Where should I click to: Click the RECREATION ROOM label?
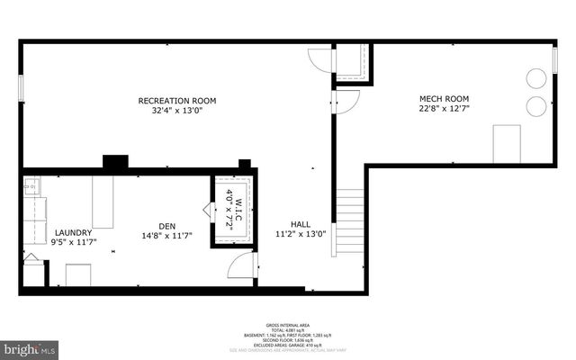click(x=176, y=100)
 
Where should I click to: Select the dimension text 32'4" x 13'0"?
click(x=176, y=111)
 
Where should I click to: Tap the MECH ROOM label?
click(x=444, y=98)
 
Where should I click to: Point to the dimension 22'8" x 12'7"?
click(x=444, y=109)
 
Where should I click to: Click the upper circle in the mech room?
click(x=536, y=78)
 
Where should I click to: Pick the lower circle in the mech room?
click(x=536, y=105)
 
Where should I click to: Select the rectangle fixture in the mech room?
click(x=507, y=144)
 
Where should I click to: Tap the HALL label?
click(x=301, y=224)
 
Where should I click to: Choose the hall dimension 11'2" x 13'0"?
click(x=301, y=235)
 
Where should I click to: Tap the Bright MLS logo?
click(x=30, y=346)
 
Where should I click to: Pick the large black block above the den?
click(x=115, y=163)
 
